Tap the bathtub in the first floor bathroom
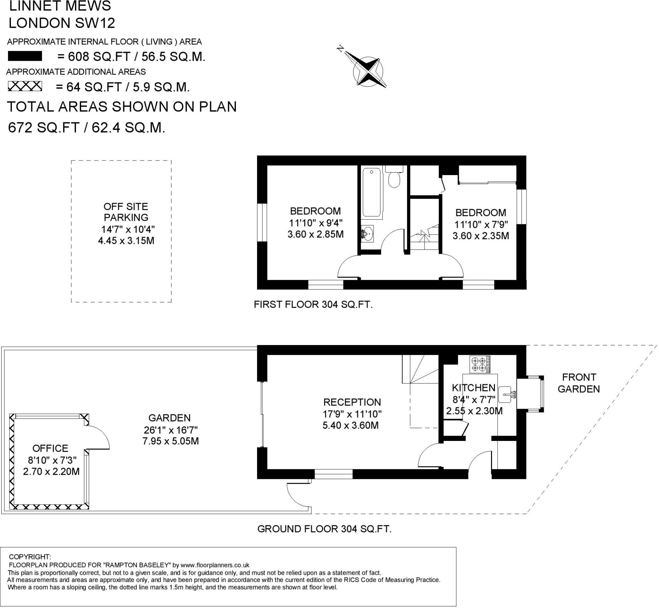point(372,192)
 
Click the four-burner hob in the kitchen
point(480,365)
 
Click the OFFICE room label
point(50,448)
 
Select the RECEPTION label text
point(352,402)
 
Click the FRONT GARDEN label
point(579,383)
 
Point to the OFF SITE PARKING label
point(126,212)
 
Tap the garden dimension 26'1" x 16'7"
point(171,430)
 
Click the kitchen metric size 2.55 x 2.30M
point(474,411)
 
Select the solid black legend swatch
point(25,56)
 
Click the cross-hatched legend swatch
point(25,86)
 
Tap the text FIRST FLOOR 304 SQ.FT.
point(313,305)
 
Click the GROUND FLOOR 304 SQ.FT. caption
point(324,529)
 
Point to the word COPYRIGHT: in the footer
point(30,557)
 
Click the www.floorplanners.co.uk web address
point(215,565)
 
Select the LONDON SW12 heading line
point(62,23)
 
